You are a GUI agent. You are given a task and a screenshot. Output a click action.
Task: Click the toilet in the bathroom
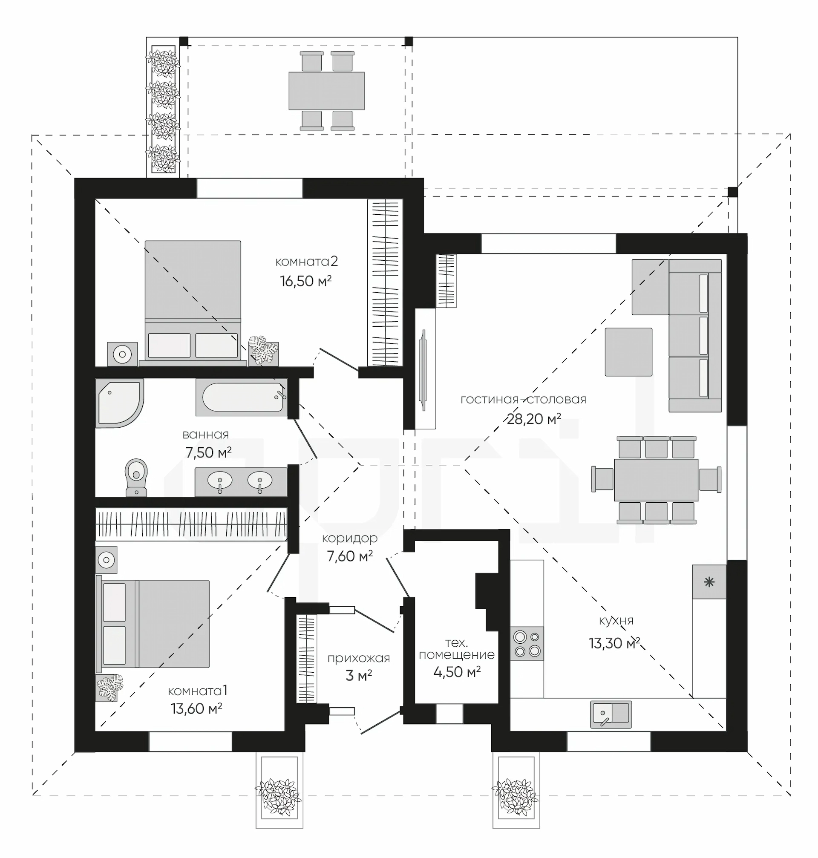pos(136,477)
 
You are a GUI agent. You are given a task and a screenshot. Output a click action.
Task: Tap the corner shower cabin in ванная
pos(119,403)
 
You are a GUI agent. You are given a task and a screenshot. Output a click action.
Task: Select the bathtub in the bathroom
pos(241,397)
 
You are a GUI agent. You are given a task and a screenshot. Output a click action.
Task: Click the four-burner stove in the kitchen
pos(527,643)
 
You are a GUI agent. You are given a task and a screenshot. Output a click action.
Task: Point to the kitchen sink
pos(611,714)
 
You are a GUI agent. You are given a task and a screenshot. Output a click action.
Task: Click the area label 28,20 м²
pos(534,419)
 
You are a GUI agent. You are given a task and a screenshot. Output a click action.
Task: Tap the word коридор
pos(350,538)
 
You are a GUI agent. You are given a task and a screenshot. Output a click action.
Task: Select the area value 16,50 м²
pos(305,281)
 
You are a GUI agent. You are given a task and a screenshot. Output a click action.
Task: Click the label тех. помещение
pos(457,648)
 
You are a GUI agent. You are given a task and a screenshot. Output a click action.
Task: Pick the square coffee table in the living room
pos(628,352)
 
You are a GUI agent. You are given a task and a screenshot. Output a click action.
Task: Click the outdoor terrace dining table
pos(327,91)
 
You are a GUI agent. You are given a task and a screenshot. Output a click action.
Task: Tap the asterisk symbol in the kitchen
pos(709,582)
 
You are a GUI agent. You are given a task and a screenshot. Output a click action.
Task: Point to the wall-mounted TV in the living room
pos(423,371)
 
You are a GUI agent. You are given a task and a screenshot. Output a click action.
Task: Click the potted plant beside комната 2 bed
pos(263,350)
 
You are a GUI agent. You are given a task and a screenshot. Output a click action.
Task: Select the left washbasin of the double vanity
pos(220,481)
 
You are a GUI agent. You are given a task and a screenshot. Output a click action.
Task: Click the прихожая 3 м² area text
pos(358,667)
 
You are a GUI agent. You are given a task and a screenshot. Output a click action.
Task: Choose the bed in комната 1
pos(153,623)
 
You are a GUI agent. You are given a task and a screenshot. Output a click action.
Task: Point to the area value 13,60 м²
pos(197,708)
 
